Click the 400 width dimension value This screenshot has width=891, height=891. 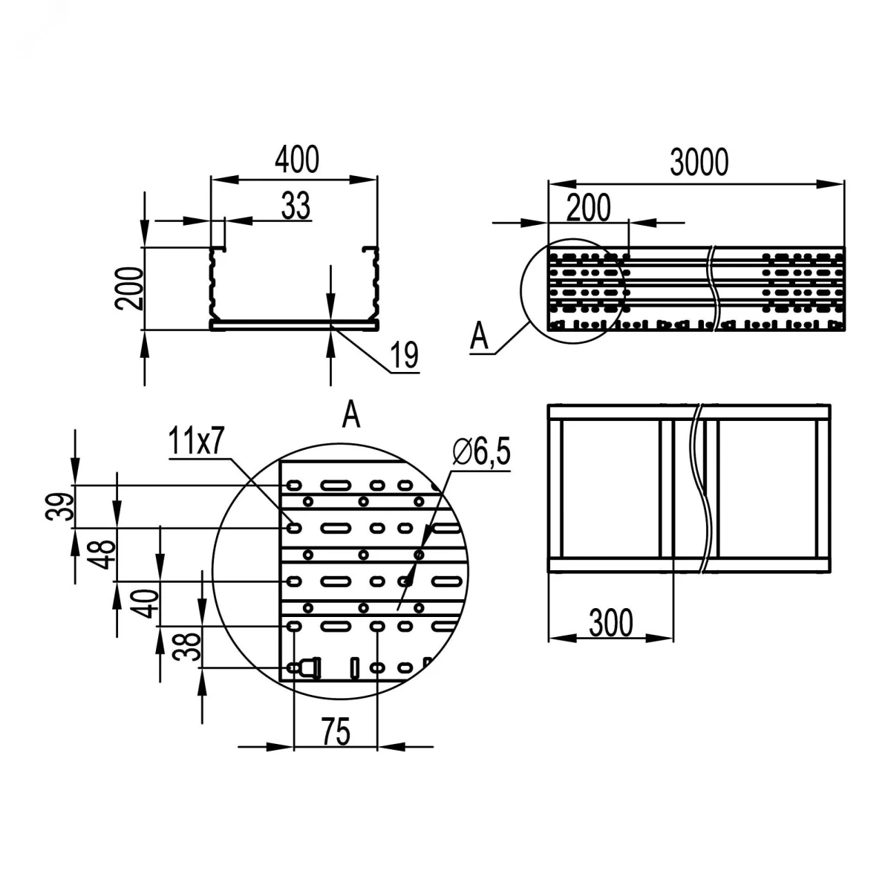(297, 160)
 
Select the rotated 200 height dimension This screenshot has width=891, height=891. (129, 288)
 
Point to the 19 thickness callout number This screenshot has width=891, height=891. (404, 355)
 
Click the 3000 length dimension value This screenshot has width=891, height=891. (699, 163)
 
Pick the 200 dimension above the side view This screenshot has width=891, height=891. (588, 208)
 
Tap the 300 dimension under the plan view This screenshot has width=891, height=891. (611, 623)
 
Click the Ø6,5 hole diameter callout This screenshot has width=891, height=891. (482, 452)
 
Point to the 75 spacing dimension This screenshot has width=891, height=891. (336, 731)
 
